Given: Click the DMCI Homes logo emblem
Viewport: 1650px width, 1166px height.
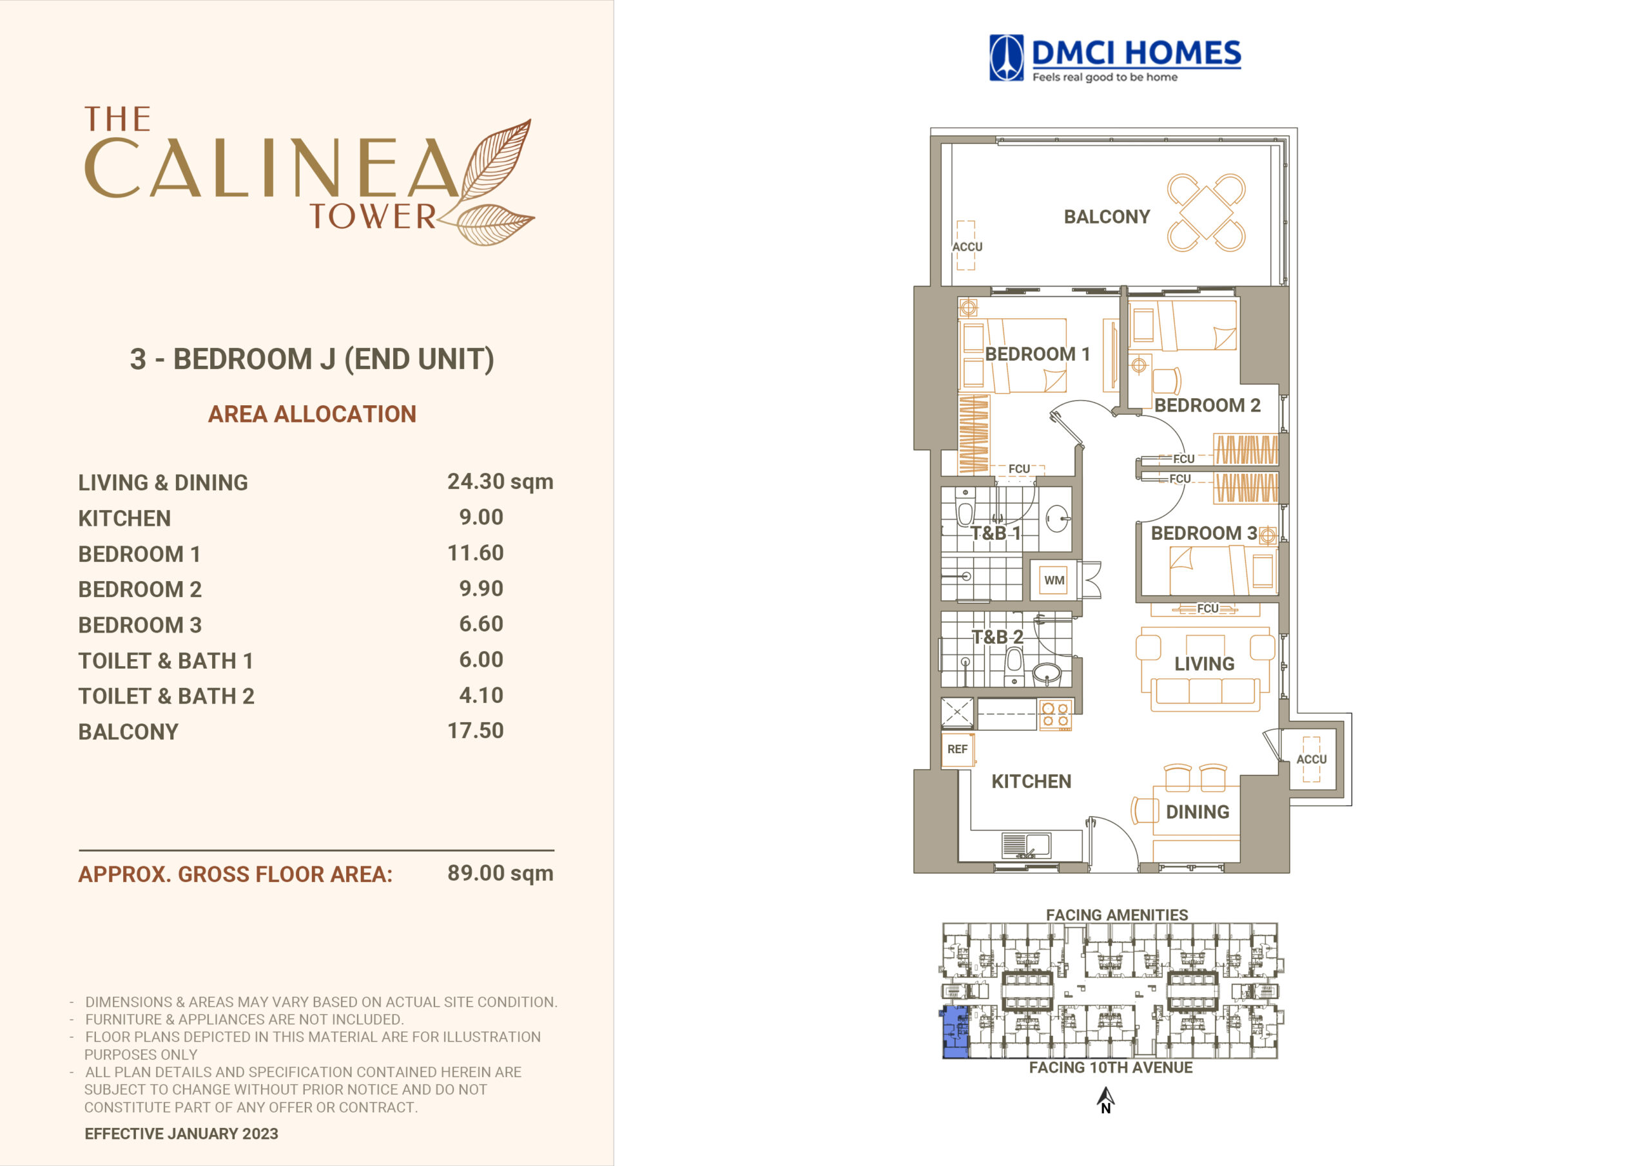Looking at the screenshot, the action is [x=1006, y=57].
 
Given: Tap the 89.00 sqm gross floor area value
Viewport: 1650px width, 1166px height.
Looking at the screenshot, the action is [x=500, y=873].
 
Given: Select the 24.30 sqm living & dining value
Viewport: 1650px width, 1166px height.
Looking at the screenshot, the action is [x=500, y=481].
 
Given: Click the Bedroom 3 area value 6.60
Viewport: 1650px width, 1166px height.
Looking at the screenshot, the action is [x=481, y=624].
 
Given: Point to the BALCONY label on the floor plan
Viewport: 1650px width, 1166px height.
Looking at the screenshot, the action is [x=1107, y=217].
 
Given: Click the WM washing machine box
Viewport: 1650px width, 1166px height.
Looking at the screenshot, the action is [x=1054, y=580].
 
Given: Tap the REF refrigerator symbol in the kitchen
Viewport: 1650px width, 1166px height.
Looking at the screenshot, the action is [x=957, y=749].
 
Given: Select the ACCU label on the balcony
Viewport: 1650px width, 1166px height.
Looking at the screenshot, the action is [x=967, y=247].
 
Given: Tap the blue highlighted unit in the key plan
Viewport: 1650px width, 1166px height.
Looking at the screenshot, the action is [x=955, y=1033].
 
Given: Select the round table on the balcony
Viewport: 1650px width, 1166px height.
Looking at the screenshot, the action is [x=1207, y=213].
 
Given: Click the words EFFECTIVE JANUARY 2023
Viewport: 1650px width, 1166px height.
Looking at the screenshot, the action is [x=181, y=1134].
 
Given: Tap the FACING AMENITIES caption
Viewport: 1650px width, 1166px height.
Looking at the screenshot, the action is [x=1117, y=915].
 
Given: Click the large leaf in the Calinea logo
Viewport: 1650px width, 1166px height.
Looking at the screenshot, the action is [x=496, y=162].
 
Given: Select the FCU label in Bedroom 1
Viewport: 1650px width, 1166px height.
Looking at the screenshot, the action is [x=1019, y=469].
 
